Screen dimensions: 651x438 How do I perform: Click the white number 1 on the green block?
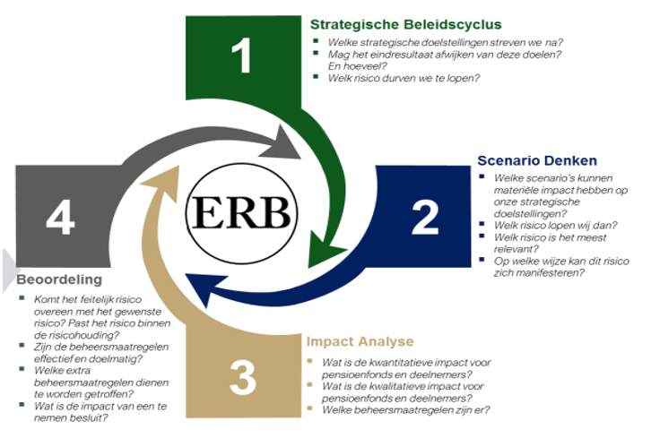coord(241,56)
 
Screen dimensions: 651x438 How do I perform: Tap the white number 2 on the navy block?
coord(425,217)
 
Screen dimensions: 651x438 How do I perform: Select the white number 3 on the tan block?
coord(243,377)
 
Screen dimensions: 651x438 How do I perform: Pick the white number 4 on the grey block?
coord(61,217)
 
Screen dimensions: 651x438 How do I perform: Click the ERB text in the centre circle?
coord(241,212)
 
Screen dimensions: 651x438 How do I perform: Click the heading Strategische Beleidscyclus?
coord(406,24)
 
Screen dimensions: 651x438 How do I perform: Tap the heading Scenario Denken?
coord(537,160)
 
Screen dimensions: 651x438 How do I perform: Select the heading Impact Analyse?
coord(360,341)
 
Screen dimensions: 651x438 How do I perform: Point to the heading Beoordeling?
coord(59,279)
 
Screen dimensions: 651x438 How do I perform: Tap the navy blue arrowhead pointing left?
coord(200,288)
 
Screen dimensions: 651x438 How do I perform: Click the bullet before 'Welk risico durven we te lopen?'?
coord(316,76)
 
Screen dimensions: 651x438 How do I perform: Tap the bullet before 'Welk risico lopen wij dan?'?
coord(482,224)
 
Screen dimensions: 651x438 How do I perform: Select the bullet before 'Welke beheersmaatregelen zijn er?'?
coord(309,408)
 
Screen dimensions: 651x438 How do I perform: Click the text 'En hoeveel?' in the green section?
coord(357,66)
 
